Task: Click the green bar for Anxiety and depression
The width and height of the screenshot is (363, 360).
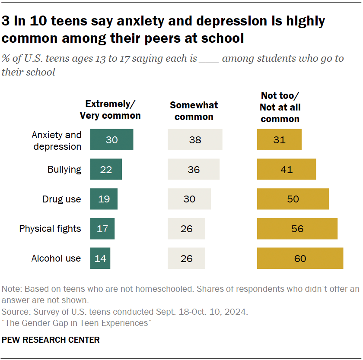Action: tap(111, 139)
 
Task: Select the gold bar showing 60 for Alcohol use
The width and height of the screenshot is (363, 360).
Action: tap(300, 258)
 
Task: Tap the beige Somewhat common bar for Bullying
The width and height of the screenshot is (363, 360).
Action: tap(193, 169)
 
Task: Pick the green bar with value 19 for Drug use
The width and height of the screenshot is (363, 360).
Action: tap(104, 199)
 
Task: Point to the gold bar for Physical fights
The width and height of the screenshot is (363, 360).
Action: tap(297, 228)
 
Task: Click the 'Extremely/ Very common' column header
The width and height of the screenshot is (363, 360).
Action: tap(110, 110)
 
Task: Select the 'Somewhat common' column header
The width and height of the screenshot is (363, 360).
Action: tap(194, 111)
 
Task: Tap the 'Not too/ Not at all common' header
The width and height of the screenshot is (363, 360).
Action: tap(280, 107)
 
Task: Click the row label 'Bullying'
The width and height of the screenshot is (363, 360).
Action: tap(64, 169)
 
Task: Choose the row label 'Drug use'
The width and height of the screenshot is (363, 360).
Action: tap(61, 199)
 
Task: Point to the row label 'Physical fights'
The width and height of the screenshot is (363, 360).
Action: tap(50, 228)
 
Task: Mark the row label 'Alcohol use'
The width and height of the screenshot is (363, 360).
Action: tap(56, 258)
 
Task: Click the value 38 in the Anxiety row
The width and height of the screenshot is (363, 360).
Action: tap(195, 140)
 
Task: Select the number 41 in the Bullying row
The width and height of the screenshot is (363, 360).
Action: tap(286, 169)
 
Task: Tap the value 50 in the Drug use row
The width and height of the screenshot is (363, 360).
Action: tap(293, 199)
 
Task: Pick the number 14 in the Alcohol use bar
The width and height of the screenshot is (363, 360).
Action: tap(100, 259)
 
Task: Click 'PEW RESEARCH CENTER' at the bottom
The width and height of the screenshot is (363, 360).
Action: tap(51, 340)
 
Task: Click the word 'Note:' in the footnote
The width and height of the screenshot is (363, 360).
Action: tap(12, 289)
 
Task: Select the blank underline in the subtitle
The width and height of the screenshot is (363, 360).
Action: tap(209, 59)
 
